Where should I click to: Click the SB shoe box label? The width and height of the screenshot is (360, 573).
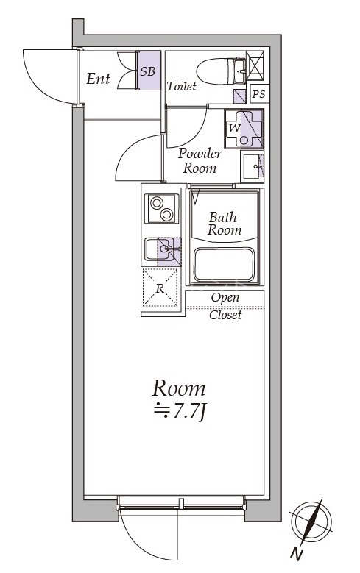148,71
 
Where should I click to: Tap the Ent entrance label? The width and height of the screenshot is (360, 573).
98,79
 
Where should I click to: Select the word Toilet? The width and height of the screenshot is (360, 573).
181,86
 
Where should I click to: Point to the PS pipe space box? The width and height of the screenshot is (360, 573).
258,94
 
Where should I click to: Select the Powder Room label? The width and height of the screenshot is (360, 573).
200,161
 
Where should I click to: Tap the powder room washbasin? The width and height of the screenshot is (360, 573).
252,167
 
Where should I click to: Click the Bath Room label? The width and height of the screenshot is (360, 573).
225,224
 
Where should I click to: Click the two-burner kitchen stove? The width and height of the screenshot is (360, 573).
162,208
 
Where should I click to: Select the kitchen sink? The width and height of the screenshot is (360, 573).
163,249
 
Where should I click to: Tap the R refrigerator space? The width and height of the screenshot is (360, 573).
160,288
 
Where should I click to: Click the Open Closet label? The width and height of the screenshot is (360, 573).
225,306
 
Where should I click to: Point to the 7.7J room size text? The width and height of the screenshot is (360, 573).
180,412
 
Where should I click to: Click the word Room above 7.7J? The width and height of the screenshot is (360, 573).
179,388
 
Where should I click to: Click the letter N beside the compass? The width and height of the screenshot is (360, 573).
297,555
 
